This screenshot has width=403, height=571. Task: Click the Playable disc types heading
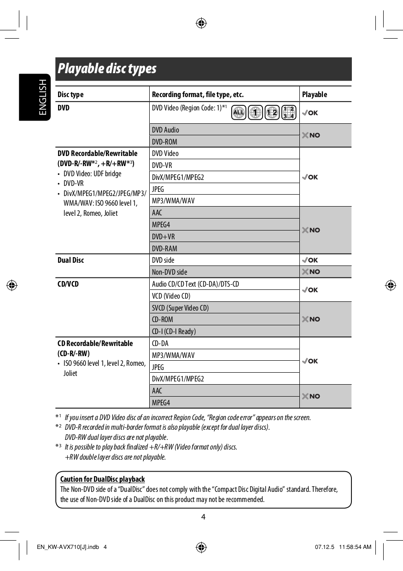[x=107, y=69]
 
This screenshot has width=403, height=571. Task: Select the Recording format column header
[x=198, y=95]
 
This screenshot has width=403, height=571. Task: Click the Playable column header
[x=315, y=95]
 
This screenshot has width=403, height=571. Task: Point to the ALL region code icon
[x=239, y=112]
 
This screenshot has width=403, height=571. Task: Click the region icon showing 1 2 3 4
[x=289, y=112]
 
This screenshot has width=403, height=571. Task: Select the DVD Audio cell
[x=166, y=130]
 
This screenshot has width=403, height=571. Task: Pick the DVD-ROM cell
[x=164, y=142]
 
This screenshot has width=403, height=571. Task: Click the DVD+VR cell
[x=164, y=236]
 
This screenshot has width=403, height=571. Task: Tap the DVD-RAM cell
[x=164, y=248]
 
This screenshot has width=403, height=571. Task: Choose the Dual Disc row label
[x=71, y=260]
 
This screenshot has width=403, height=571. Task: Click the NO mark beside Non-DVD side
[x=311, y=272]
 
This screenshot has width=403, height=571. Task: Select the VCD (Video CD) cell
[x=171, y=296]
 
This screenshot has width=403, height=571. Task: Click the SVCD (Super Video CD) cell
[x=180, y=308]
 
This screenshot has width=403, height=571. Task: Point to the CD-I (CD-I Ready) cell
[x=174, y=331]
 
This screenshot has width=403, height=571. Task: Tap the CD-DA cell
[x=160, y=343]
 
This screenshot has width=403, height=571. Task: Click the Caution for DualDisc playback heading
[x=102, y=479]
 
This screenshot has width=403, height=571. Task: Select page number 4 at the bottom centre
[x=203, y=517]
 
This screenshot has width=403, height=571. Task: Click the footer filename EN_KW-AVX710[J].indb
[x=68, y=547]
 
